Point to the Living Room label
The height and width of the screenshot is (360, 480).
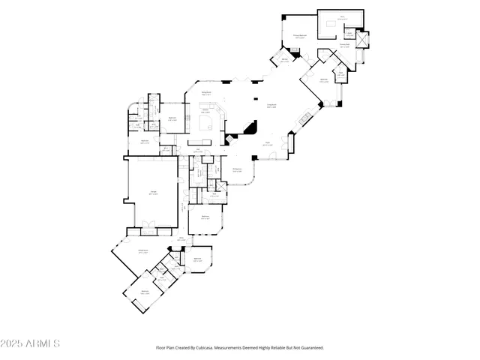(272, 106)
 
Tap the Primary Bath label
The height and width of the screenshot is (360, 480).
(345, 45)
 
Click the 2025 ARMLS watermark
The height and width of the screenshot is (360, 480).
(31, 343)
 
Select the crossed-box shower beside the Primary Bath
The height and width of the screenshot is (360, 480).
(363, 39)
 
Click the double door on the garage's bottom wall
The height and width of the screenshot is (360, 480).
(148, 225)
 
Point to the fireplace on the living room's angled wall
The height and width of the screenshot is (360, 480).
(304, 118)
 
